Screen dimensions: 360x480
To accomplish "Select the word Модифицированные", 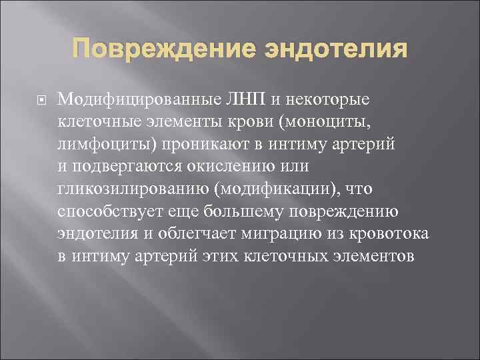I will pos(139,99).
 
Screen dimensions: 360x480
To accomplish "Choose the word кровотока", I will pos(396,235).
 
